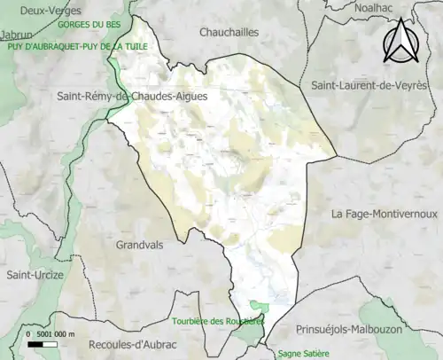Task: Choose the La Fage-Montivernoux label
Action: tap(385, 215)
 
